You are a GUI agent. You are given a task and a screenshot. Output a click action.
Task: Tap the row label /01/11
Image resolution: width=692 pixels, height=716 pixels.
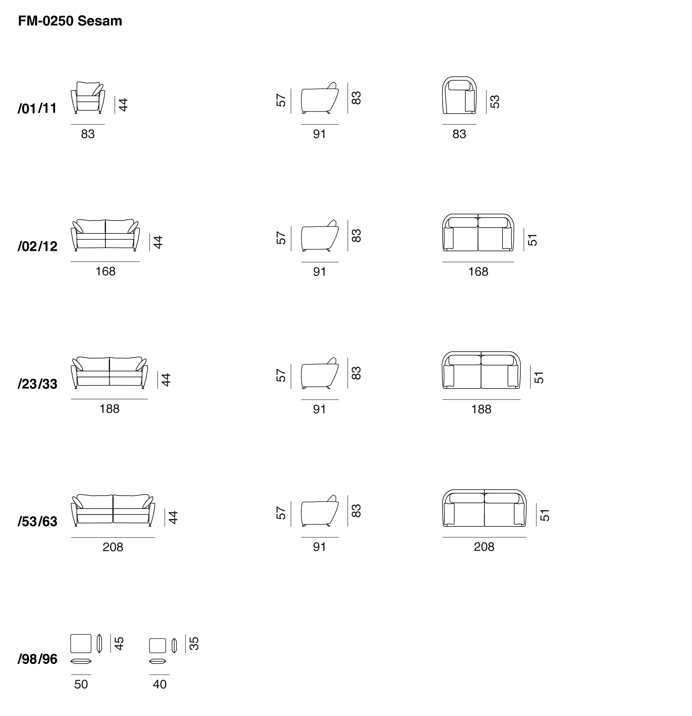pyautogui.click(x=37, y=108)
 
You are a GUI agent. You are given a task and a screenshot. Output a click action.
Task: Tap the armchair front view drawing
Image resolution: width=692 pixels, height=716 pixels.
pyautogui.click(x=88, y=97)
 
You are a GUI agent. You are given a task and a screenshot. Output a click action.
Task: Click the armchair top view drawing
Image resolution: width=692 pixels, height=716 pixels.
pyautogui.click(x=459, y=96)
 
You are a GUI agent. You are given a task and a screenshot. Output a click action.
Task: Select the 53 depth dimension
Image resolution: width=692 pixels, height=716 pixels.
pyautogui.click(x=494, y=102)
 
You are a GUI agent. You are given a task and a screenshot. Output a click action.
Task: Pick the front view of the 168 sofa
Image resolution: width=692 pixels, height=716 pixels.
pyautogui.click(x=105, y=235)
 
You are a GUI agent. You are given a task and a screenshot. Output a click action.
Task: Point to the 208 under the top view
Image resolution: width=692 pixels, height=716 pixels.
pyautogui.click(x=484, y=547)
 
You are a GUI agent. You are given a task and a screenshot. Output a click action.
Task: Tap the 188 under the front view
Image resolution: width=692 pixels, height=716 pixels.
pyautogui.click(x=109, y=409)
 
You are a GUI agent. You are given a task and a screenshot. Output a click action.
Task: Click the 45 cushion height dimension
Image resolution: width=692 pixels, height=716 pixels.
pyautogui.click(x=119, y=644)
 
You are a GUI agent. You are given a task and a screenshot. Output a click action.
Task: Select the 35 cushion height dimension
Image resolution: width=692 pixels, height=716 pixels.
pyautogui.click(x=194, y=644)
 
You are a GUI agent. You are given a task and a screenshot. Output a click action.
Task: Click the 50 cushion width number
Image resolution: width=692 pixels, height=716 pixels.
pyautogui.click(x=81, y=684)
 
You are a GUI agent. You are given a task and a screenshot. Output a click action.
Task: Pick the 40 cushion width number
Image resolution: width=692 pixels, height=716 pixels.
pyautogui.click(x=160, y=684)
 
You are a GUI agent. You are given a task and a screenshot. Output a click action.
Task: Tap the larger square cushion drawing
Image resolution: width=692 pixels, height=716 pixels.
pyautogui.click(x=81, y=643)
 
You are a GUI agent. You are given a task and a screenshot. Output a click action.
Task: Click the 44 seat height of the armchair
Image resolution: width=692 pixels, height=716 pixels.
pyautogui.click(x=124, y=105)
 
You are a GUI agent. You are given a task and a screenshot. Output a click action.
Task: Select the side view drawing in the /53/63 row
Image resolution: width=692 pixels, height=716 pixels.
pyautogui.click(x=320, y=511)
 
